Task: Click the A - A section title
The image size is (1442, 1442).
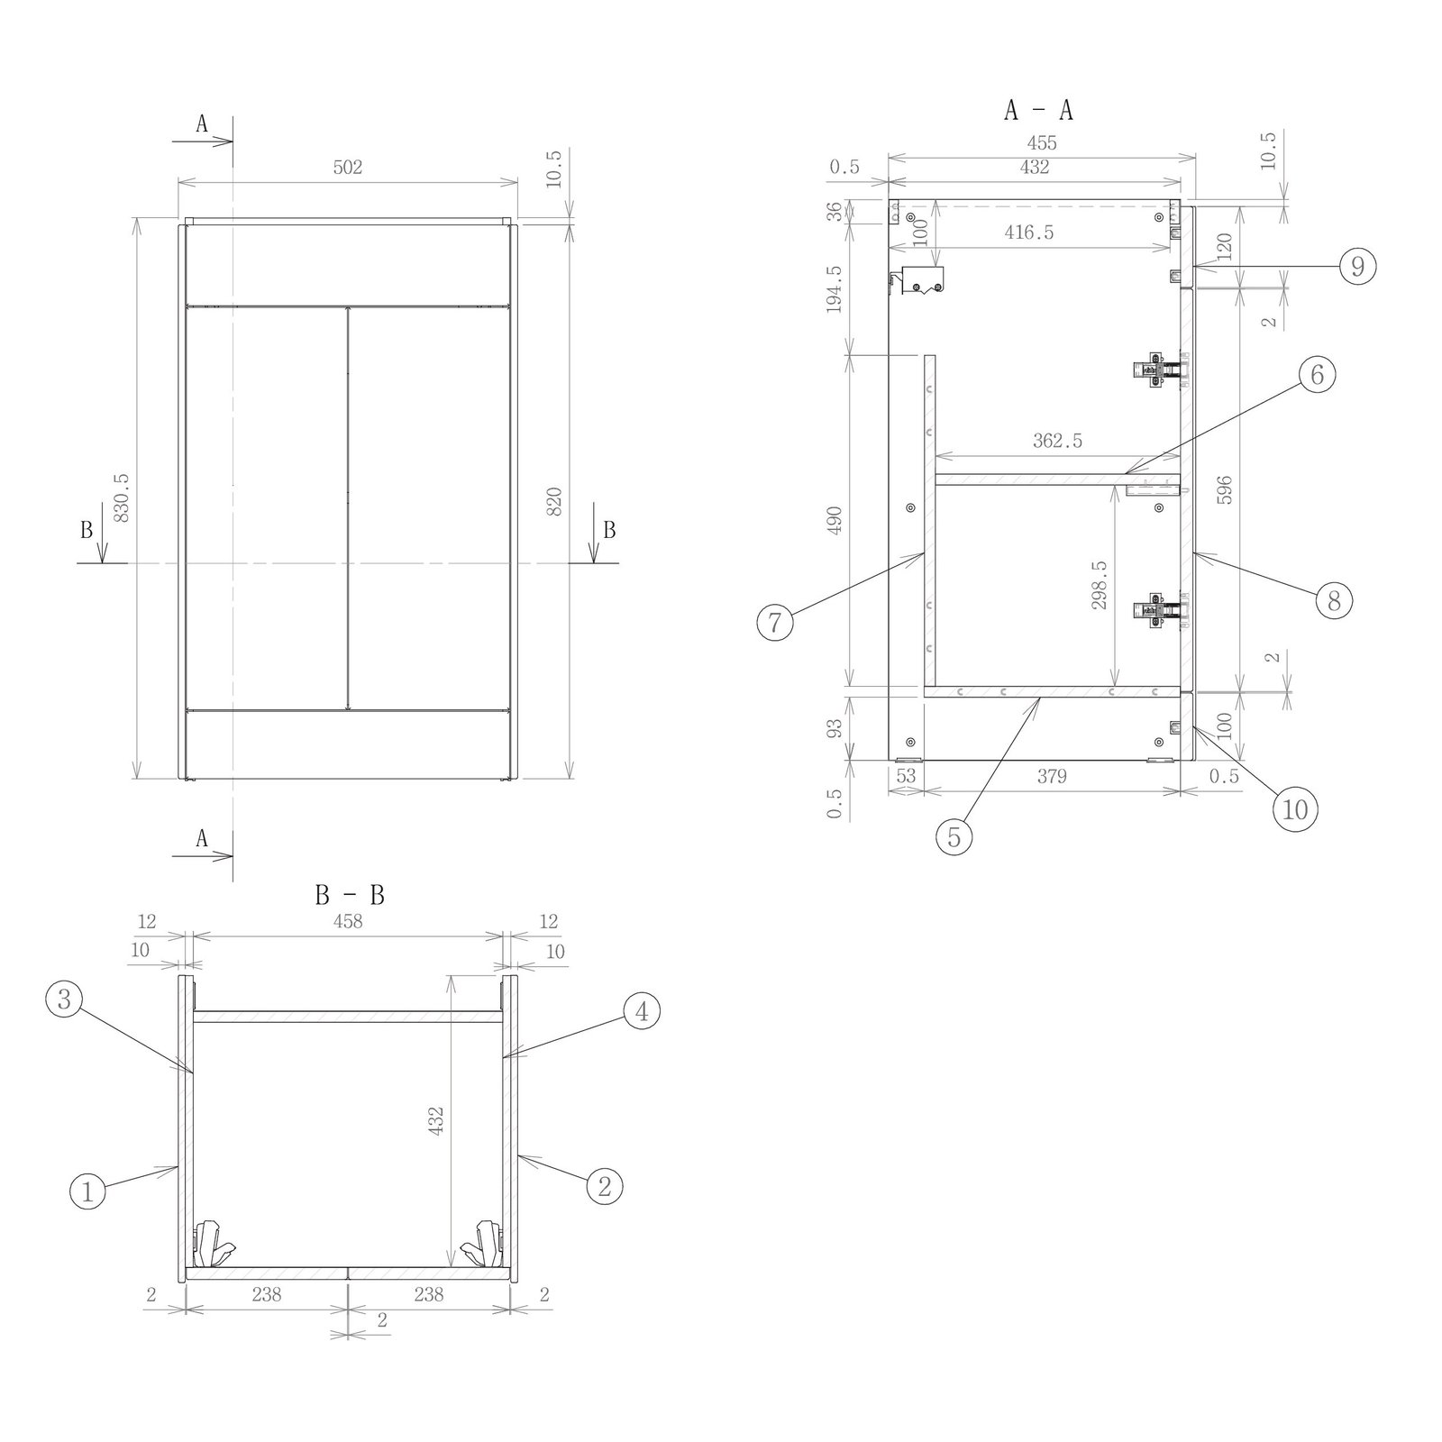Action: click(x=1038, y=110)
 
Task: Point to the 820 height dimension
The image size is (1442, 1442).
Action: click(x=554, y=501)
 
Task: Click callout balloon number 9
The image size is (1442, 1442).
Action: click(x=1357, y=267)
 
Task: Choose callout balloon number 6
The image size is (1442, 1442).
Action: click(x=1317, y=374)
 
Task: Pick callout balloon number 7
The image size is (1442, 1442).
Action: click(x=775, y=622)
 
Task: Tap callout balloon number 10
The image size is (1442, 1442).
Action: click(x=1294, y=809)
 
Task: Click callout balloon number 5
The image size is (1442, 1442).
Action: click(x=954, y=837)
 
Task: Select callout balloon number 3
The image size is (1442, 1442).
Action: click(x=64, y=999)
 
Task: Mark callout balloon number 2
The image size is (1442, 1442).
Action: click(x=604, y=1186)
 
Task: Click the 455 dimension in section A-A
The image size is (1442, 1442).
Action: click(x=1041, y=142)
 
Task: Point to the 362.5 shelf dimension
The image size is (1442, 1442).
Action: click(x=1057, y=441)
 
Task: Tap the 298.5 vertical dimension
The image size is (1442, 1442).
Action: click(x=1099, y=585)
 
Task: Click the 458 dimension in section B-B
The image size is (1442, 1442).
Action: click(x=348, y=921)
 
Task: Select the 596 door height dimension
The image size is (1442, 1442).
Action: click(x=1224, y=489)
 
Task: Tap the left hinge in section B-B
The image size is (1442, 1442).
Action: click(x=214, y=1244)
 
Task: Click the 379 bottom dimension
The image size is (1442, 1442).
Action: click(x=1051, y=775)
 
